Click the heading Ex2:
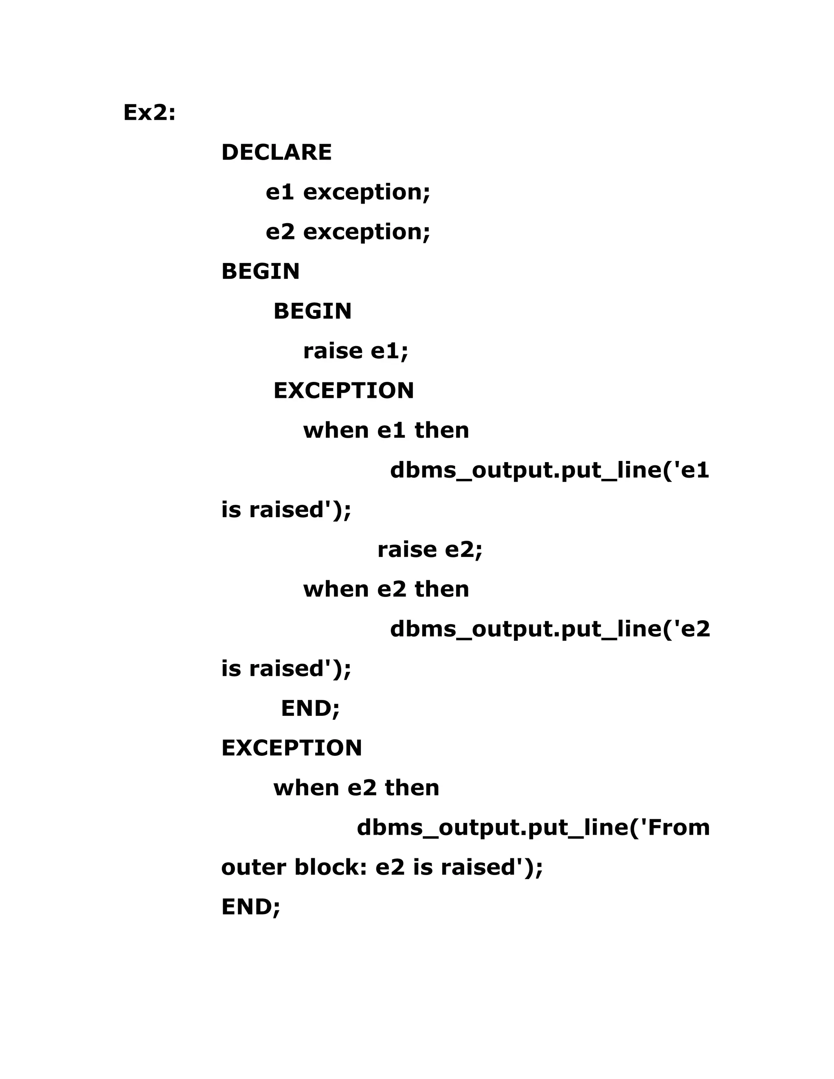tap(149, 113)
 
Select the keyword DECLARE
tap(276, 152)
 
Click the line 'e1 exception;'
tap(348, 192)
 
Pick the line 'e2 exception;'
tap(348, 232)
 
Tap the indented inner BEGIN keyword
tap(312, 311)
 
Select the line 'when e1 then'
tap(386, 430)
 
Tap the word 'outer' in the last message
tap(253, 868)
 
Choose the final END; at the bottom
tap(250, 907)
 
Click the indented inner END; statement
tap(310, 708)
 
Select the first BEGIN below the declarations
tap(260, 272)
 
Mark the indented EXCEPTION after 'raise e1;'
tap(343, 391)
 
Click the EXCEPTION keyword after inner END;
tap(292, 748)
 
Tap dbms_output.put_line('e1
tap(549, 470)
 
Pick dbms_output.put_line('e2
tap(550, 629)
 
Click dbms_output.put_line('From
tap(533, 827)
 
